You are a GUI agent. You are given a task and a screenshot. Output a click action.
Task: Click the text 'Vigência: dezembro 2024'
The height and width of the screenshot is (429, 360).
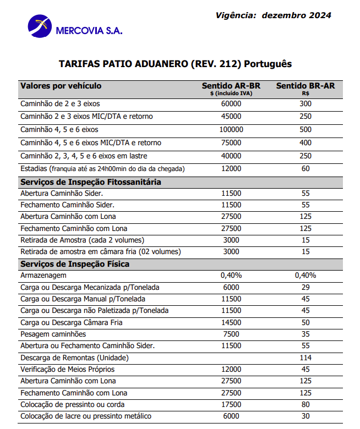point(274,15)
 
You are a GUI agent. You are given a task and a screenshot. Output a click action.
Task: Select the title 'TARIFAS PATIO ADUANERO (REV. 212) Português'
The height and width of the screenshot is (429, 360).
point(175,64)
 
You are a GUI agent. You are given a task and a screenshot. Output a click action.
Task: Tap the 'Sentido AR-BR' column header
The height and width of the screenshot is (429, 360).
point(231,86)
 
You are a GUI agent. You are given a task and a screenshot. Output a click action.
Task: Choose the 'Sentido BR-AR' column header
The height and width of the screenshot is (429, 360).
point(306,86)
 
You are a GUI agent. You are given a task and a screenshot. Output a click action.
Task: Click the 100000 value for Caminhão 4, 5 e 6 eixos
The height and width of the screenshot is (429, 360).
point(231,130)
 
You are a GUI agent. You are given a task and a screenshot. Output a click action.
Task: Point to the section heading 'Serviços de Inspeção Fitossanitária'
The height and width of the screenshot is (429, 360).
point(90,182)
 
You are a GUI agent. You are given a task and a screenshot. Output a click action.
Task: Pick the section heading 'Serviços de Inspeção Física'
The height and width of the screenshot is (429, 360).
point(75,264)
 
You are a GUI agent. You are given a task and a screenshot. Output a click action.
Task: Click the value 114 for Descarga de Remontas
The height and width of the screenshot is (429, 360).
point(306,358)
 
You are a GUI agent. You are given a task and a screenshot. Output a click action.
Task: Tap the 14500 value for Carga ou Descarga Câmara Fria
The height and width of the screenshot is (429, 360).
point(231,322)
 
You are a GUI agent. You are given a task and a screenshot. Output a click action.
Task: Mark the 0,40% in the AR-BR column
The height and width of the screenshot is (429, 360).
point(231,276)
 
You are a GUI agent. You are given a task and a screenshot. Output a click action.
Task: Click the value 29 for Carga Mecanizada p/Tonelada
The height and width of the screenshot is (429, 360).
point(306,287)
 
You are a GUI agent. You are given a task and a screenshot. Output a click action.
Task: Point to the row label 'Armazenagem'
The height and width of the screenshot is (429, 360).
point(43,276)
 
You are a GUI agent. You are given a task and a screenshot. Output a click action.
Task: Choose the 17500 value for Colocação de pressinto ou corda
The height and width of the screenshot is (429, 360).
point(231,404)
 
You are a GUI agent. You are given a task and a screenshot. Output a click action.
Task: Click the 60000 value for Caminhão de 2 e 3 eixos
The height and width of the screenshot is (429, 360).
point(231,103)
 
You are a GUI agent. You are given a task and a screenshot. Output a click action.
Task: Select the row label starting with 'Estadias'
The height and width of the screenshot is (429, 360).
point(102,168)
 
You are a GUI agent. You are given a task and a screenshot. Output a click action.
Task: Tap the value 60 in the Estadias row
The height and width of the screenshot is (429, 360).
point(306,168)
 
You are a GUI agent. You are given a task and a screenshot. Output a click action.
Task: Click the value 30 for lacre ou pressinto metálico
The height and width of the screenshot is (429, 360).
point(306,416)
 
